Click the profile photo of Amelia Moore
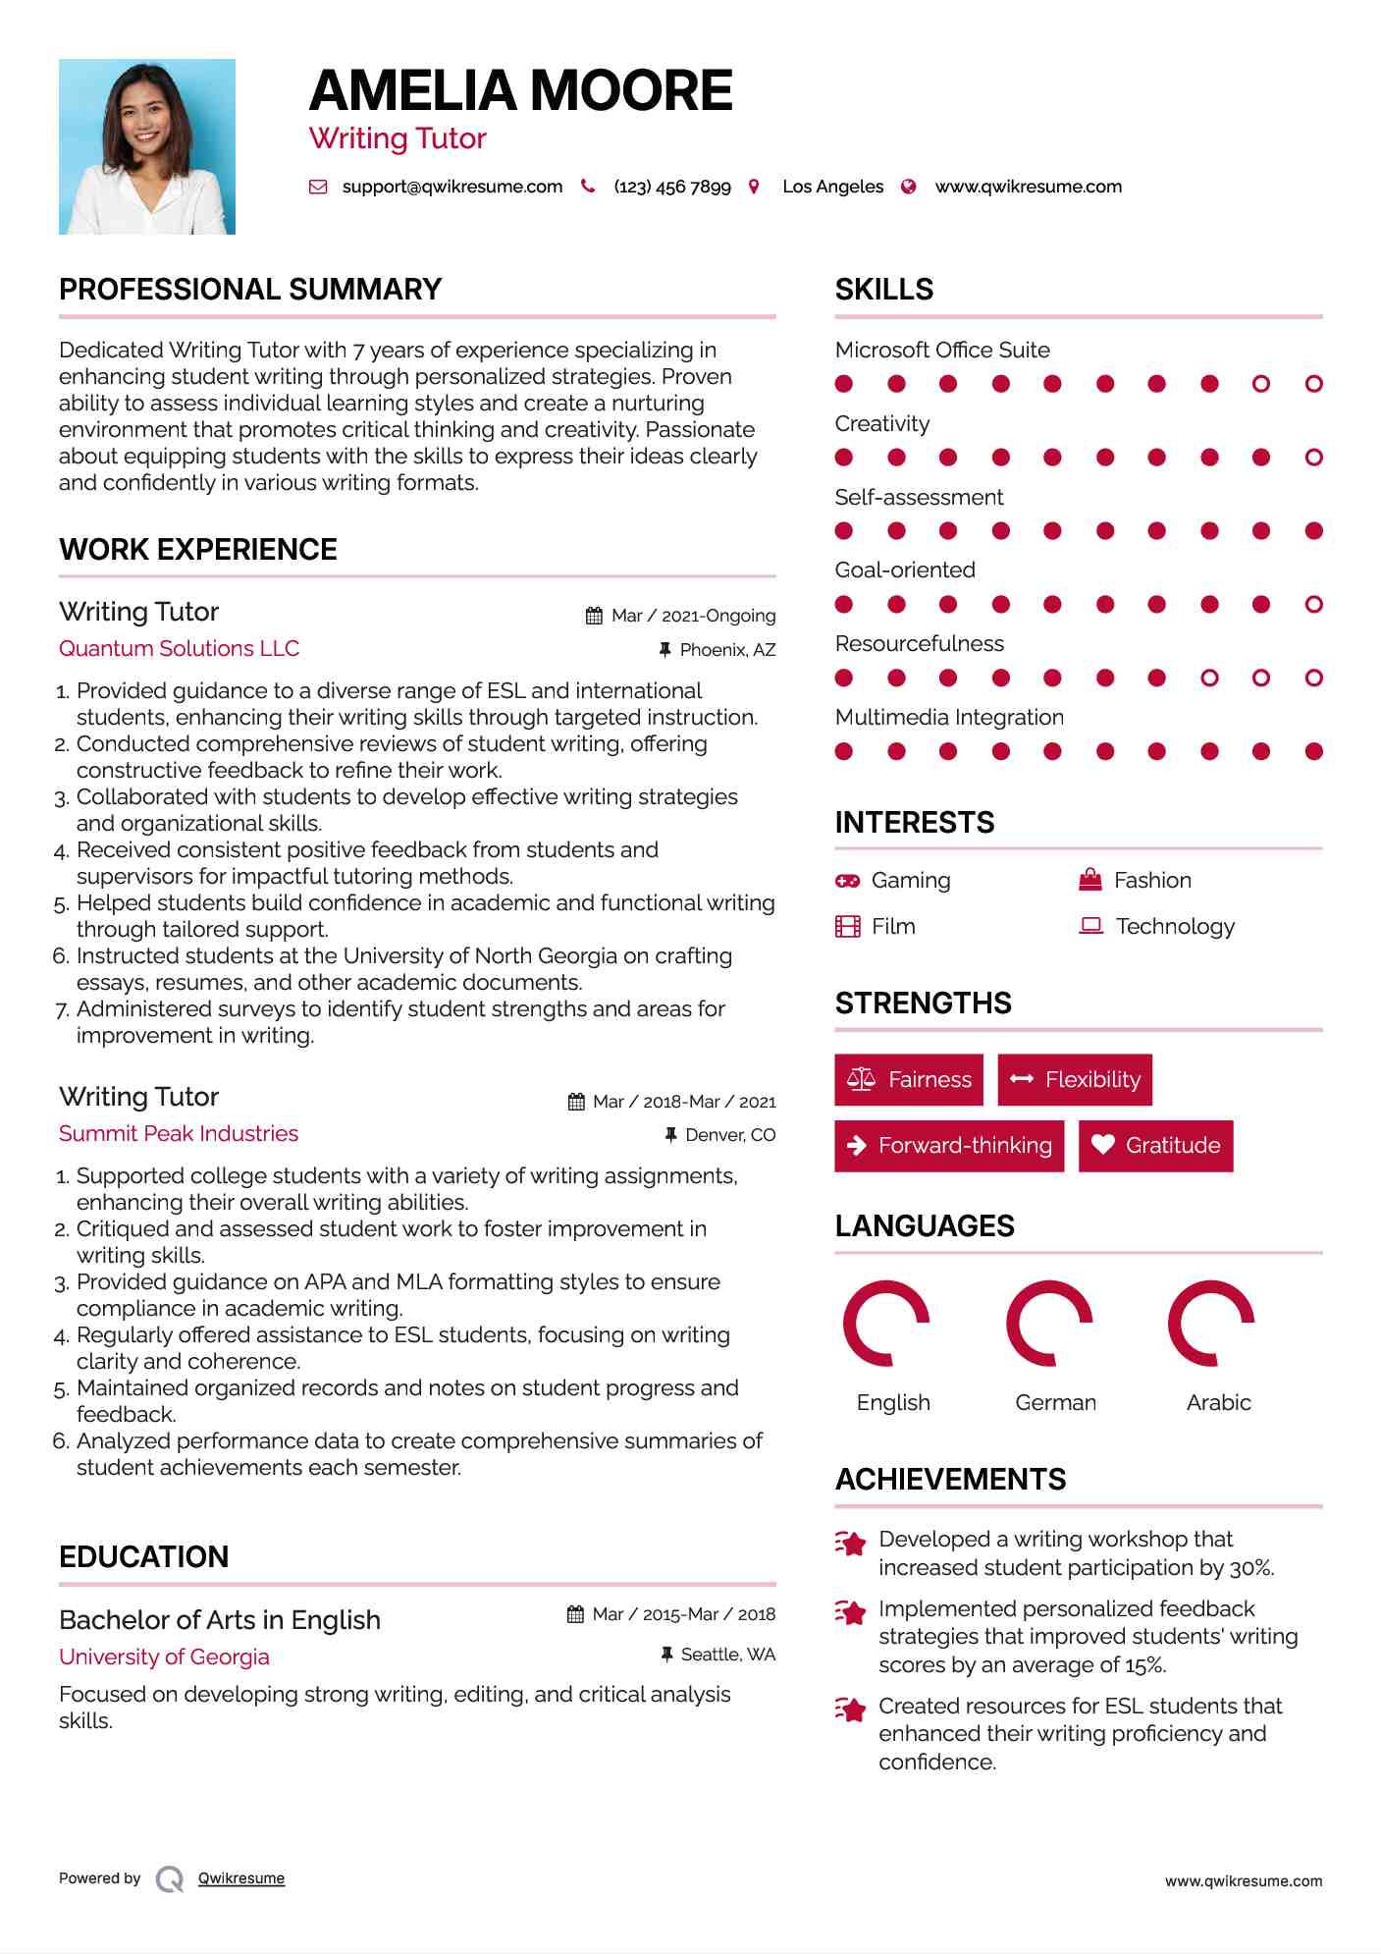tap(147, 146)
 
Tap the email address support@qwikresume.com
tap(451, 187)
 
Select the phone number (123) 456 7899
tap(672, 187)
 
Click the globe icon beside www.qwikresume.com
tap(909, 187)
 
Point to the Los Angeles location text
tap(832, 187)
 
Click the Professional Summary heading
tap(250, 290)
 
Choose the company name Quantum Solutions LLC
tap(179, 649)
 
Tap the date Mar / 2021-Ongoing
tap(693, 616)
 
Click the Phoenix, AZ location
tap(727, 650)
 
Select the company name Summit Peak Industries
tap(179, 1134)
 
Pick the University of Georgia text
tap(164, 1657)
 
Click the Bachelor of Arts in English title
tap(220, 1620)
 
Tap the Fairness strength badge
tap(909, 1080)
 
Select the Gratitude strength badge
tap(1155, 1146)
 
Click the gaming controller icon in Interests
tap(847, 881)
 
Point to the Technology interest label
tap(1175, 927)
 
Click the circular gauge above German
tap(1049, 1324)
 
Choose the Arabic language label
tap(1218, 1403)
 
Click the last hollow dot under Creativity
tap(1314, 458)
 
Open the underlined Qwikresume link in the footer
tap(241, 1878)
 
